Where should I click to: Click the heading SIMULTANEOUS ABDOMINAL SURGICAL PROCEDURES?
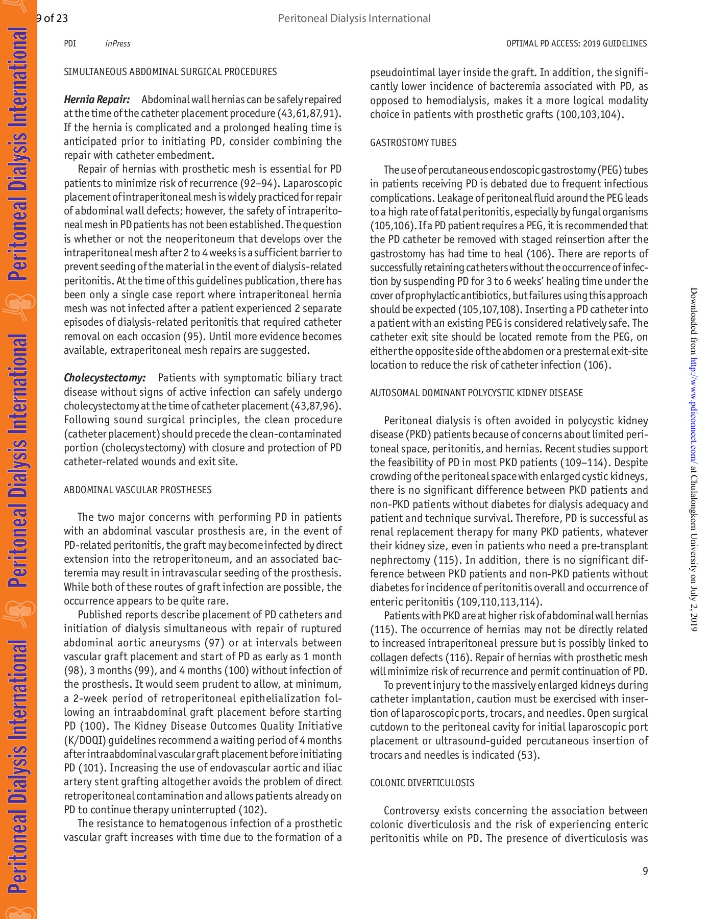170,72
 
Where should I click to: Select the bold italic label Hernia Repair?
96,100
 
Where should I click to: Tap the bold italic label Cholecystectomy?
105,378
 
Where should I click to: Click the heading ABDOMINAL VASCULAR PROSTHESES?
137,490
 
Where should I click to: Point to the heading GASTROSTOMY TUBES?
413,143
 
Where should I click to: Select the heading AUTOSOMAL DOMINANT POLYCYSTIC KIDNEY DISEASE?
476,393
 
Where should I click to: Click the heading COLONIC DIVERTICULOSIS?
422,783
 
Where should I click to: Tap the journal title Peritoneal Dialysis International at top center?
354,18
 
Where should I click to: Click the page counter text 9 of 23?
52,19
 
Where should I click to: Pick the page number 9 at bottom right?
645,872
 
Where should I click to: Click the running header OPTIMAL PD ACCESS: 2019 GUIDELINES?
576,44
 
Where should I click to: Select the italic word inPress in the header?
117,44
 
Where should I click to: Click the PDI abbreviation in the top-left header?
70,44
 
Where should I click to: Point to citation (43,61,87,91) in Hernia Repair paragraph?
309,114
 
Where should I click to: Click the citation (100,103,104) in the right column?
590,115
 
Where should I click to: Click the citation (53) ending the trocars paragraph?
528,755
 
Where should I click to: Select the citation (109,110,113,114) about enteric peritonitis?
499,602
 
